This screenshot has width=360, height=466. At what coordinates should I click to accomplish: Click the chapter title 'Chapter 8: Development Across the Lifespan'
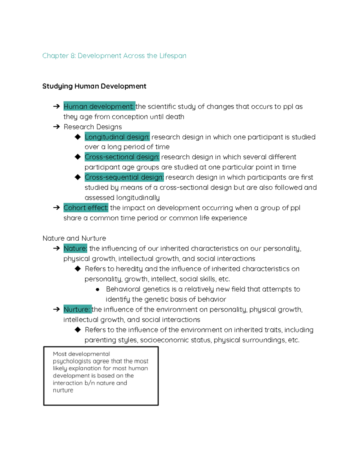point(114,56)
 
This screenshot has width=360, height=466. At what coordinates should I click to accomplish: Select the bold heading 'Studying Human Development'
point(94,86)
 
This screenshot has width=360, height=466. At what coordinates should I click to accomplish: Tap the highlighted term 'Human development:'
point(99,107)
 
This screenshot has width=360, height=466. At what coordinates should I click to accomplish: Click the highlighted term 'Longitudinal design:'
point(117,137)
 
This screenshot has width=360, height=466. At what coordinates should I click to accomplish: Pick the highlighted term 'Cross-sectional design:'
point(122,157)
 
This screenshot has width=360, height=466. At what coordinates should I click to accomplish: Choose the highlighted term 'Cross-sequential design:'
point(124,177)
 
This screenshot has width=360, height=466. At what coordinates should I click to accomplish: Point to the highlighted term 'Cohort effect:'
point(86,208)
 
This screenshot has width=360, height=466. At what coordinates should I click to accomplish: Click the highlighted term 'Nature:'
point(75,248)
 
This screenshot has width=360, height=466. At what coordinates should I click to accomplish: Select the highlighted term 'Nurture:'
point(77,309)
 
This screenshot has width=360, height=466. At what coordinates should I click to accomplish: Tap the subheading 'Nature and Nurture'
point(74,238)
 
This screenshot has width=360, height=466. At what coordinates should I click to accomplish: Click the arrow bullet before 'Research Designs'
point(56,127)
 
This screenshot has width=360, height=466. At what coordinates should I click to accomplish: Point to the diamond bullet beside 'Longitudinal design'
point(78,137)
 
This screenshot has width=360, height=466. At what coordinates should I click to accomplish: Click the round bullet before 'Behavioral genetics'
point(97,290)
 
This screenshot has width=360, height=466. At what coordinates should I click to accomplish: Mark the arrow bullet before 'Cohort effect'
point(56,208)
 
